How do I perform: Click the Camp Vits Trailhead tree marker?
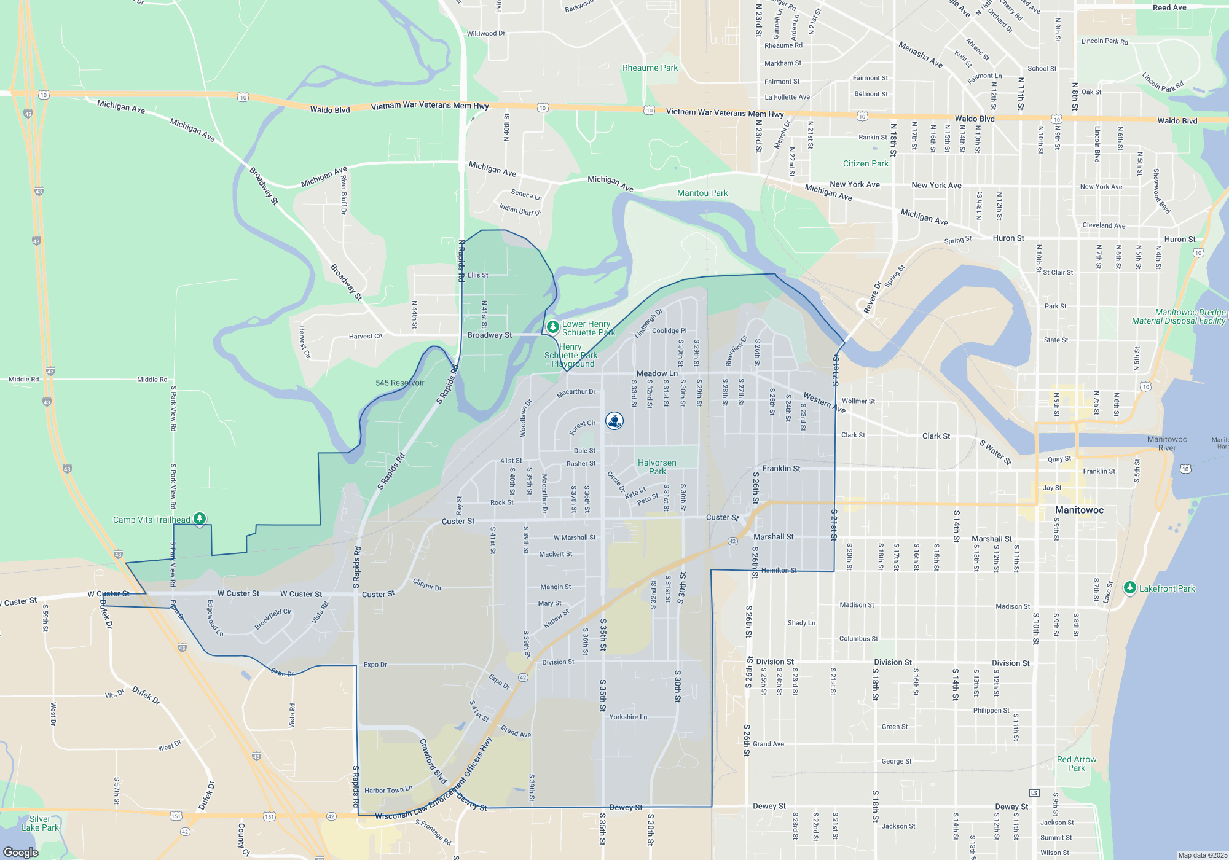pos(200,519)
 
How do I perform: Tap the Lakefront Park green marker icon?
pos(1129,588)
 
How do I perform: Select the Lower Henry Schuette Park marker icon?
pos(552,327)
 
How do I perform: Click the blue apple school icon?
pos(614,421)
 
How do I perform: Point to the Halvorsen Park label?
pos(657,467)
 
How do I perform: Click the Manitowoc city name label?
pos(1079,510)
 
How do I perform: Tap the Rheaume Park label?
pos(650,68)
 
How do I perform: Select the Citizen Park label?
pos(865,163)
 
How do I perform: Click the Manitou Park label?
pos(702,193)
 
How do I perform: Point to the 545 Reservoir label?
pos(400,383)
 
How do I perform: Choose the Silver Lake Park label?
pos(40,823)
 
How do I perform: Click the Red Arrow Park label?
pos(1077,764)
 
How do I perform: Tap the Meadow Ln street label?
pos(657,373)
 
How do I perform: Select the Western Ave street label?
pos(824,402)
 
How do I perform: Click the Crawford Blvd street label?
pos(433,760)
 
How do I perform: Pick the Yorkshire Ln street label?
pos(628,717)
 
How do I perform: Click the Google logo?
pos(21,853)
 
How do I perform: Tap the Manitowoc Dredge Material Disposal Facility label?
pos(1179,316)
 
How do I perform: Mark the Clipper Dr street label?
pos(427,584)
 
